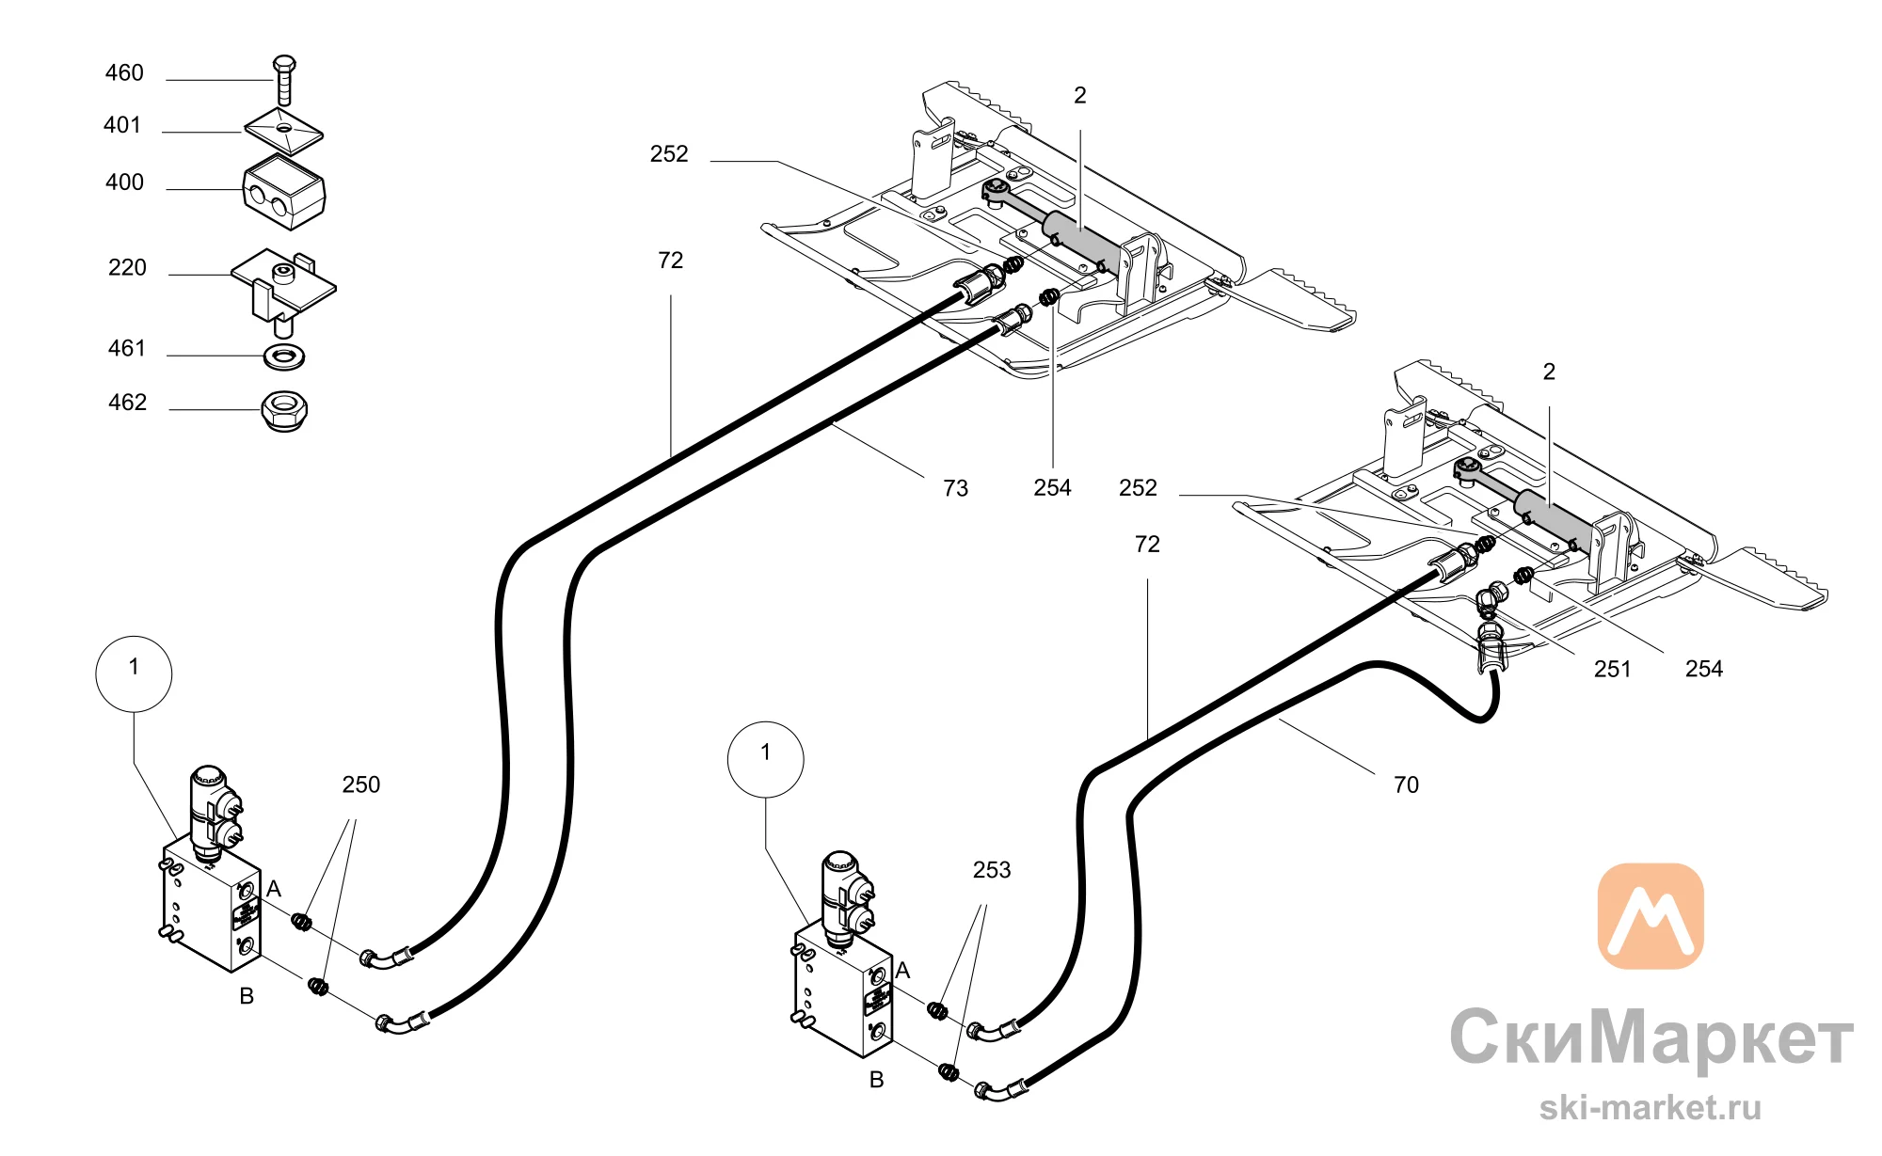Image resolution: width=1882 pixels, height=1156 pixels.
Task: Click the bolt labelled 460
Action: pyautogui.click(x=284, y=80)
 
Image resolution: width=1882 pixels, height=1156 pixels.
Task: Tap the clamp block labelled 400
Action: pyautogui.click(x=284, y=192)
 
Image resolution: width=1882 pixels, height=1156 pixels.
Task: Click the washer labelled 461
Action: pyautogui.click(x=283, y=356)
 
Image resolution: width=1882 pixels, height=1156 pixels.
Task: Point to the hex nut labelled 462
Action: pyautogui.click(x=284, y=410)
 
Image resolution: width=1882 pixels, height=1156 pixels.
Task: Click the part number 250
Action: pyautogui.click(x=361, y=784)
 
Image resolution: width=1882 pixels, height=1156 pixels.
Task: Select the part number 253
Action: pyautogui.click(x=992, y=870)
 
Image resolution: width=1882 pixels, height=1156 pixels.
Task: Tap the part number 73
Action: pyautogui.click(x=955, y=488)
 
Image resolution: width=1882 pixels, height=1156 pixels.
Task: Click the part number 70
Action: pyautogui.click(x=1406, y=784)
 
